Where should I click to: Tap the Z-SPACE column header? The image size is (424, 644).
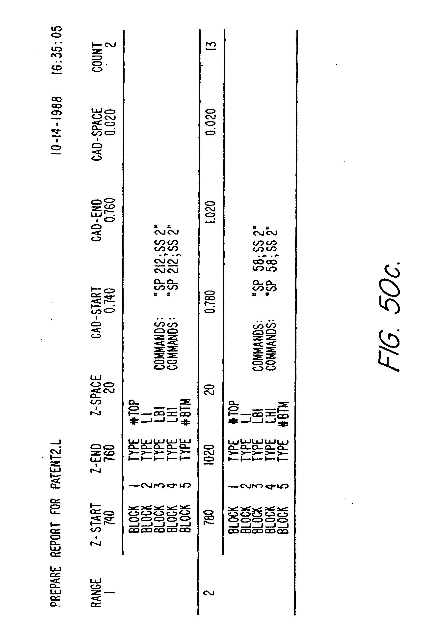click(x=96, y=395)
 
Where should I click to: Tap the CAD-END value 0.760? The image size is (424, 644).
click(x=110, y=210)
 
